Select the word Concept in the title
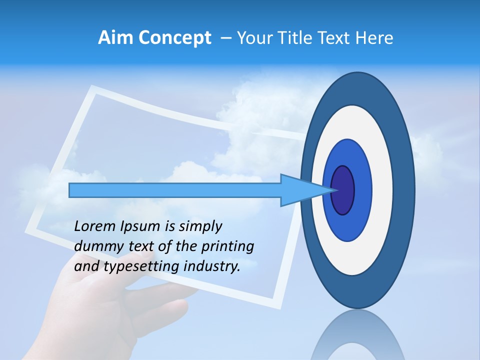(x=174, y=37)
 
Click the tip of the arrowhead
(x=336, y=190)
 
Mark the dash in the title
(x=225, y=38)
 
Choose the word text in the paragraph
(x=142, y=246)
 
